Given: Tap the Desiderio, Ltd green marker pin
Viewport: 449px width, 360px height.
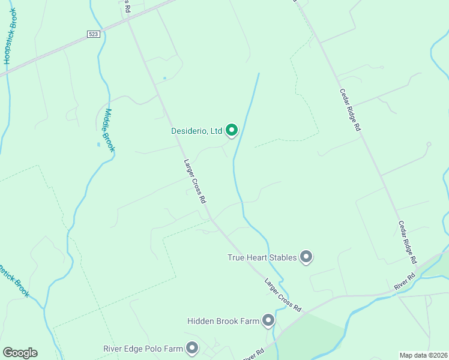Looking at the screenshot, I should (232, 130).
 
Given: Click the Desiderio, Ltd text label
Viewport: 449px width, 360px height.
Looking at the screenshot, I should (196, 130).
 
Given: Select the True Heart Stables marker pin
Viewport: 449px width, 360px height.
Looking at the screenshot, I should (306, 257).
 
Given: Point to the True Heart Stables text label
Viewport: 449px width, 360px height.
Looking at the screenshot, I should (262, 257).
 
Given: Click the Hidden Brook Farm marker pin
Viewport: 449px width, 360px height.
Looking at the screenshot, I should (268, 321).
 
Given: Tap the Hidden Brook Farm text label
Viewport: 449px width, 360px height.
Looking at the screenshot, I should (223, 322).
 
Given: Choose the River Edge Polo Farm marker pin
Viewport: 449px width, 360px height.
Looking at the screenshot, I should (192, 348).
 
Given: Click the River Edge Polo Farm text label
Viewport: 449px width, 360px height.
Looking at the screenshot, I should (143, 349).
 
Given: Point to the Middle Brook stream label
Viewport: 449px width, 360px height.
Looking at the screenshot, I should (109, 130).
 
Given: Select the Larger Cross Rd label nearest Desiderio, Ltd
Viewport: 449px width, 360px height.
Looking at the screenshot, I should (195, 181).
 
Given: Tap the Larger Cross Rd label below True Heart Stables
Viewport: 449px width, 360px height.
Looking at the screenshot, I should (283, 294).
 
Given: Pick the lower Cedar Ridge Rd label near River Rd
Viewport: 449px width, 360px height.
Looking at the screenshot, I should (407, 242).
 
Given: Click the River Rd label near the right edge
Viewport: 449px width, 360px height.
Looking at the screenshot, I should (405, 283).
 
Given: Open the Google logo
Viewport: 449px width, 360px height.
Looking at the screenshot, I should (20, 353).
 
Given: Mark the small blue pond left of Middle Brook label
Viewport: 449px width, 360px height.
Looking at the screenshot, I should (98, 145).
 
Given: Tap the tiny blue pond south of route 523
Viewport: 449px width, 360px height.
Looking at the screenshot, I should (164, 78).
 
